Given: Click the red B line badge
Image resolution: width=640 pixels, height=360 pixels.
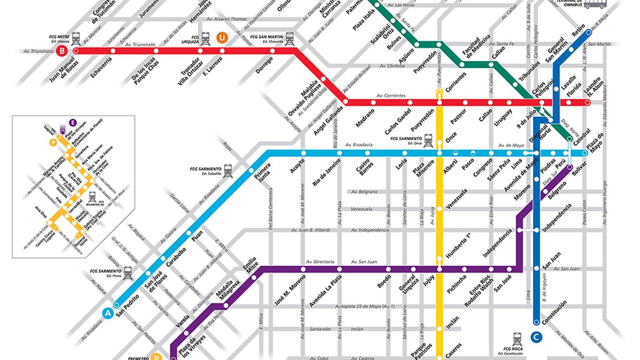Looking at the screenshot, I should click(x=63, y=51).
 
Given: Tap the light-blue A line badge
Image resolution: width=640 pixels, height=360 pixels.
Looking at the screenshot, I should click(x=108, y=314).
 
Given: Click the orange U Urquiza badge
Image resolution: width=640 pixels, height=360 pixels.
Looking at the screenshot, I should click(x=222, y=38).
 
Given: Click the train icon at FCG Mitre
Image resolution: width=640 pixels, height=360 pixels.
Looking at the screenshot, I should click(x=76, y=38).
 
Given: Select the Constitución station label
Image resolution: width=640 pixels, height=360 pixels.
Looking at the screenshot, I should click(x=554, y=314).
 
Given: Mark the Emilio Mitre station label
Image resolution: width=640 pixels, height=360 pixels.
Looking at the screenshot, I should click(x=250, y=266).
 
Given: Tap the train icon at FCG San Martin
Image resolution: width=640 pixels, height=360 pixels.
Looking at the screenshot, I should click(x=290, y=38).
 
